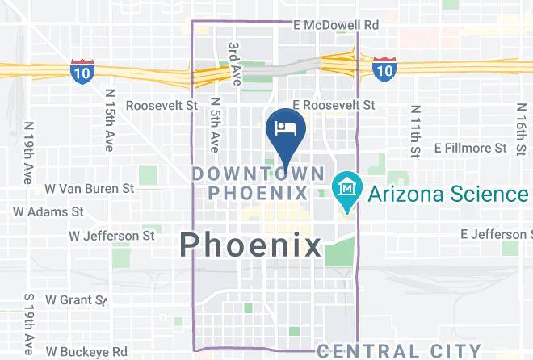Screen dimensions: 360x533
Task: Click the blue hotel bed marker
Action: click(285, 129)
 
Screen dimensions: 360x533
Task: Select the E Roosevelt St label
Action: click(334, 105)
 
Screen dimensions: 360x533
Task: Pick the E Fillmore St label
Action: click(470, 148)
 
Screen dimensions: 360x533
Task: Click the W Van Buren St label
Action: click(89, 188)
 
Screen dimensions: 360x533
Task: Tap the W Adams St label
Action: click(48, 211)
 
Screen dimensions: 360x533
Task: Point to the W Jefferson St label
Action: click(111, 236)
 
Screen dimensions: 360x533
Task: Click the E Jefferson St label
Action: click(496, 234)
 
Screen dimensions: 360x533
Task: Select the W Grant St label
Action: click(76, 299)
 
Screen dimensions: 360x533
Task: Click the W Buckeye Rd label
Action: click(86, 351)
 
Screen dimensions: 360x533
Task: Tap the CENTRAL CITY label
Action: click(399, 350)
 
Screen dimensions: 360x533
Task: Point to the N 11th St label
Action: click(414, 130)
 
